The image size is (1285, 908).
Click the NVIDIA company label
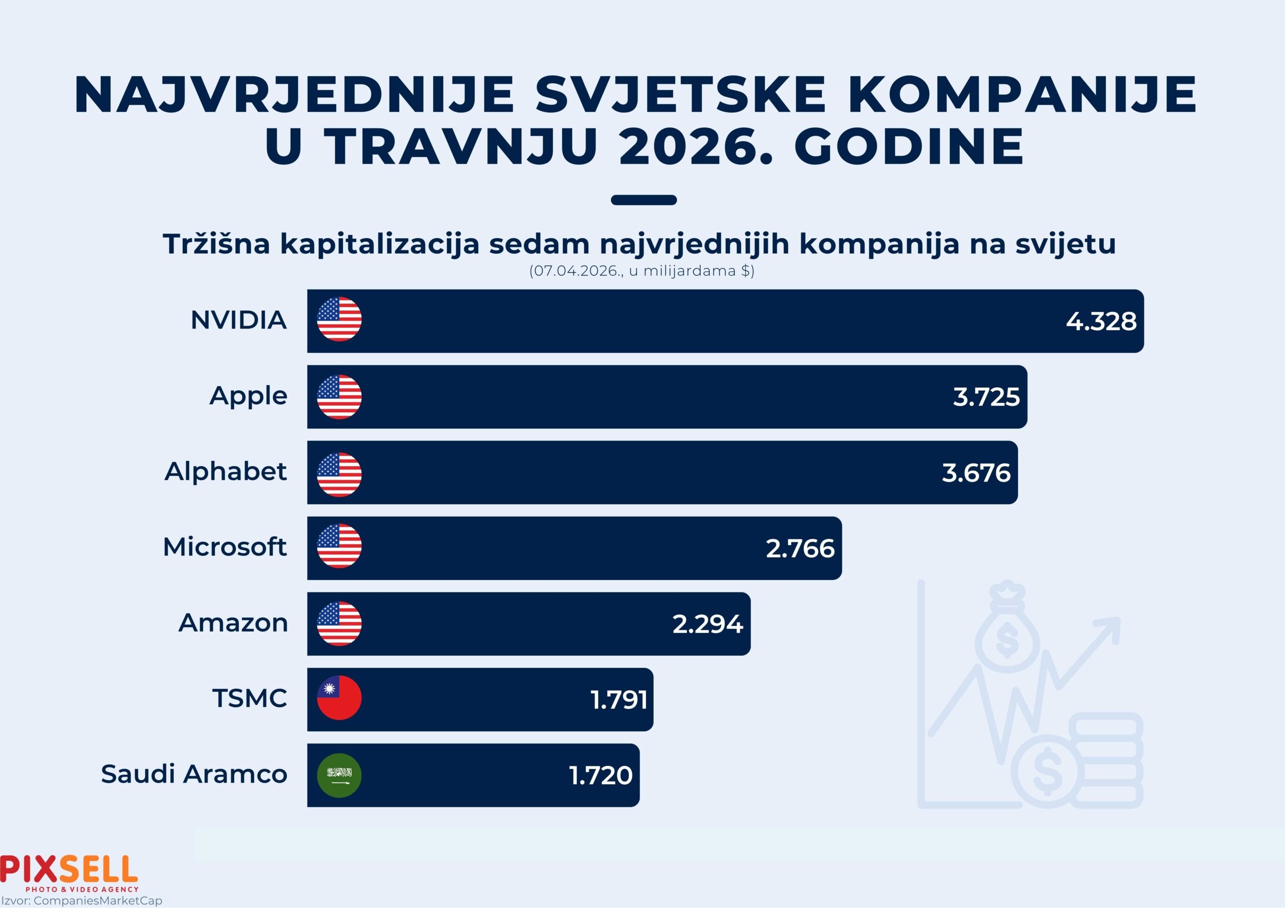coord(239,320)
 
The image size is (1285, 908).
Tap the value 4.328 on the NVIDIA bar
coord(1101,322)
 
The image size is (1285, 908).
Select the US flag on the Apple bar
coord(339,397)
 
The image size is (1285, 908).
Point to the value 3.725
coord(986,397)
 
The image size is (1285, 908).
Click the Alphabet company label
coord(225,472)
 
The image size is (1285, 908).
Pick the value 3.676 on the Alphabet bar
coord(976,473)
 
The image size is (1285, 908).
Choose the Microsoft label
coord(225,547)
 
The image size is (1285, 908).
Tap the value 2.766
coord(800,549)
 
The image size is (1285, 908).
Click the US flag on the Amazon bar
coord(339,624)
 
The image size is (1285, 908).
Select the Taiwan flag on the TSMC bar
coord(339,698)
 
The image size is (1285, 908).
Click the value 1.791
coord(619,700)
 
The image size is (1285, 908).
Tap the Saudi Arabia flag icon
coord(339,775)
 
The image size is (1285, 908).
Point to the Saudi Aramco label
coord(194,774)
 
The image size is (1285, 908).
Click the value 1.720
coord(600,776)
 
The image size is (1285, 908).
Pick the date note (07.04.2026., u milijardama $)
coord(641,271)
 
